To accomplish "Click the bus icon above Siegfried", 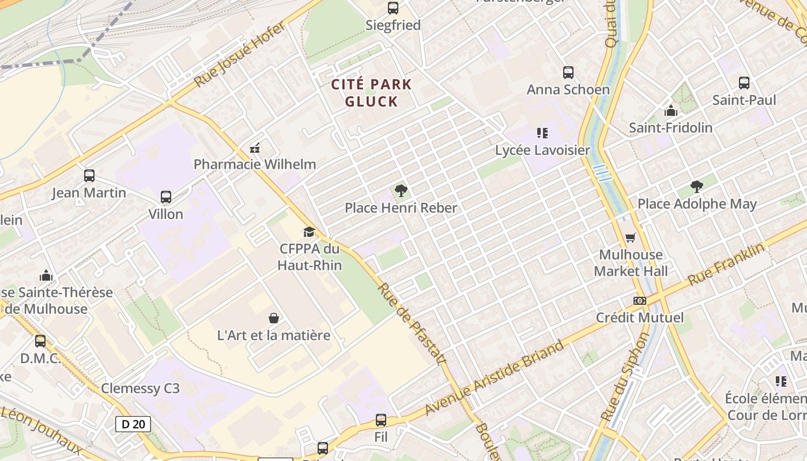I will point(393,8).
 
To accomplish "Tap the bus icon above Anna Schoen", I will point(568,73).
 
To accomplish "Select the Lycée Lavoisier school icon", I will point(542,133).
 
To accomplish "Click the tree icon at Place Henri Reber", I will point(401,190).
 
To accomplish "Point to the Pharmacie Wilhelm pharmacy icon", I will point(255,148).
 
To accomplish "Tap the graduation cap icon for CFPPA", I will point(310,232).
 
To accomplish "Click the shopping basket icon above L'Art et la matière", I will point(274,318).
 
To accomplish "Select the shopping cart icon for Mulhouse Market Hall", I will point(631,237).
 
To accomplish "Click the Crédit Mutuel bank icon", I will point(639,301).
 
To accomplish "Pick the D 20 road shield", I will point(133,424).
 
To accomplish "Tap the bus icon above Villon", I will point(166,197).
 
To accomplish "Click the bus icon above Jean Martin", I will point(89,176).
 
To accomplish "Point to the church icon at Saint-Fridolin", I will point(670,111).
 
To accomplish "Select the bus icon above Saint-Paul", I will point(744,83).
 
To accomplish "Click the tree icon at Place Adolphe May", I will point(696,186).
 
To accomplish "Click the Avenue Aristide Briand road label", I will point(495,377).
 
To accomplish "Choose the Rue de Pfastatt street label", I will point(412,323).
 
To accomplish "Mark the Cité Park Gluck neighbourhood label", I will point(372,93).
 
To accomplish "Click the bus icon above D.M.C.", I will point(40,341).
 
